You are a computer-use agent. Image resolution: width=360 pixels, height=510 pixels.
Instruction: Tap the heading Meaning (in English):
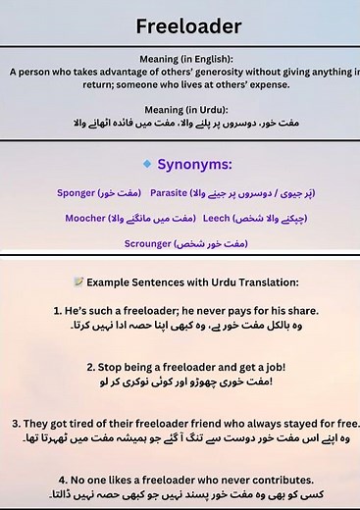tap(180, 60)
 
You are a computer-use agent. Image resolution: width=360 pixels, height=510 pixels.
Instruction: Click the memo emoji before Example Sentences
tap(78, 281)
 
